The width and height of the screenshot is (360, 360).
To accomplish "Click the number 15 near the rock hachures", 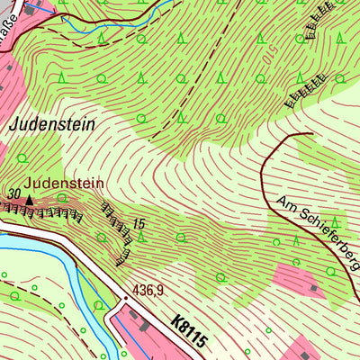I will [x=139, y=222].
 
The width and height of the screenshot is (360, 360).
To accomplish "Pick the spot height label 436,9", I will [x=151, y=290].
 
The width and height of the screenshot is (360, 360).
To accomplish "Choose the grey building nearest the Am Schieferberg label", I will [x=312, y=288].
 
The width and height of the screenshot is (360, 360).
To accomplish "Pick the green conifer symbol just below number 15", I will [x=141, y=238].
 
